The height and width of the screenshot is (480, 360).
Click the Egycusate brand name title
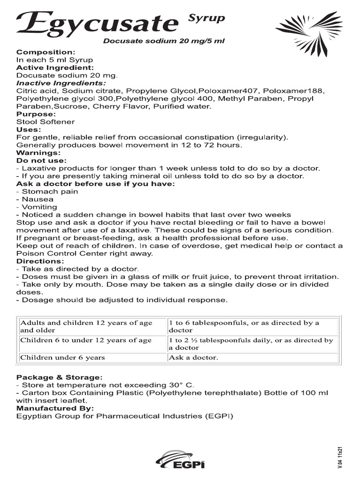click(x=97, y=23)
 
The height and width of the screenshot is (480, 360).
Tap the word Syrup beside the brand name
click(x=206, y=19)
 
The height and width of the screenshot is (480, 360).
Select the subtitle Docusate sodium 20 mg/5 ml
click(x=164, y=41)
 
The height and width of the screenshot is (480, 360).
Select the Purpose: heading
click(x=36, y=114)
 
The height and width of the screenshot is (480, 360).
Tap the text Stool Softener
click(x=45, y=122)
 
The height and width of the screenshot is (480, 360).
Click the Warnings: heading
click(x=38, y=152)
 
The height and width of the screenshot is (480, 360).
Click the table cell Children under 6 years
click(x=62, y=358)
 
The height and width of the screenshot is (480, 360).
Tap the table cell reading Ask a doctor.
click(x=194, y=358)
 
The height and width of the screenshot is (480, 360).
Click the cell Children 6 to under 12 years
click(x=86, y=340)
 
